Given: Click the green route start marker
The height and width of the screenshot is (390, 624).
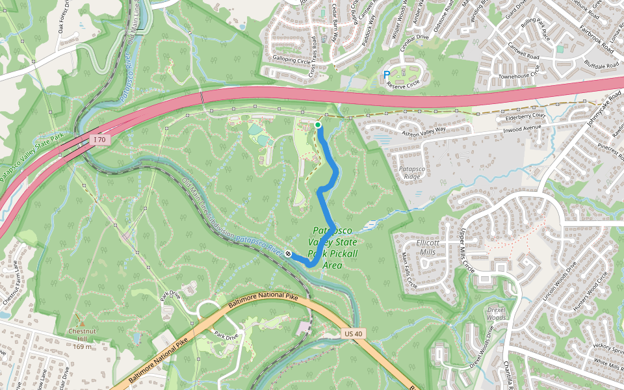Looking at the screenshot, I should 318,125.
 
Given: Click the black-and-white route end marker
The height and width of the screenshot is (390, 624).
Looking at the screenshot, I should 288,254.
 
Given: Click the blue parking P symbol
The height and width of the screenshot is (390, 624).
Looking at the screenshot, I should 387,75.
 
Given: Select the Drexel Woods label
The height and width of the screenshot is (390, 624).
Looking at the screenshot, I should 496,314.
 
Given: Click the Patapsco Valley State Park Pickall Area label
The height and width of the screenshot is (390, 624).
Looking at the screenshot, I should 333,248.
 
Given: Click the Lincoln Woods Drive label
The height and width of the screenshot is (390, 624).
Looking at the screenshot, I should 559,283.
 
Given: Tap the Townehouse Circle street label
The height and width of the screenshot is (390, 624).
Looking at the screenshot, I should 519,76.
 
